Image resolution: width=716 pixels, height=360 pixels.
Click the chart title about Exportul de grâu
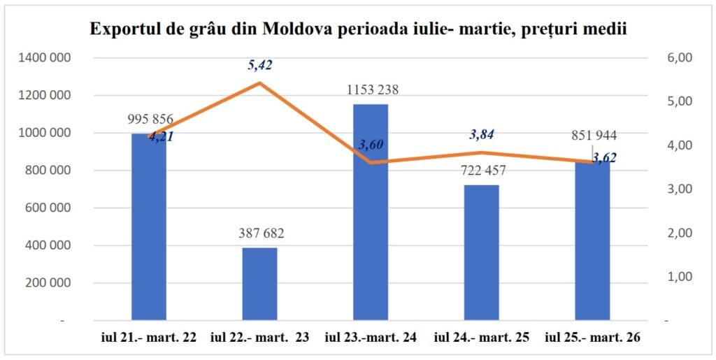[357, 29]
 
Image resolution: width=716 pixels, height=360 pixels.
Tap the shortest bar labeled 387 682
[259, 284]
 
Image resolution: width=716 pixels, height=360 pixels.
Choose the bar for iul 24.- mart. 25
[481, 252]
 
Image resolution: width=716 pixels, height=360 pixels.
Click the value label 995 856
[150, 120]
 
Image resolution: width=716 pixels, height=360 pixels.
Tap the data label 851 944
[592, 136]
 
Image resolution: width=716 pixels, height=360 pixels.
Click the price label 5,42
[259, 66]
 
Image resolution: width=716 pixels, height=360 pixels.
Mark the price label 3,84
[482, 134]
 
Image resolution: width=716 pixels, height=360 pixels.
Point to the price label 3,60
[371, 145]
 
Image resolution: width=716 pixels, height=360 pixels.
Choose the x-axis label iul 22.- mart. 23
[259, 338]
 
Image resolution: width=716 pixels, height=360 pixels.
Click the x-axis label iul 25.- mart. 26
[592, 338]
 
